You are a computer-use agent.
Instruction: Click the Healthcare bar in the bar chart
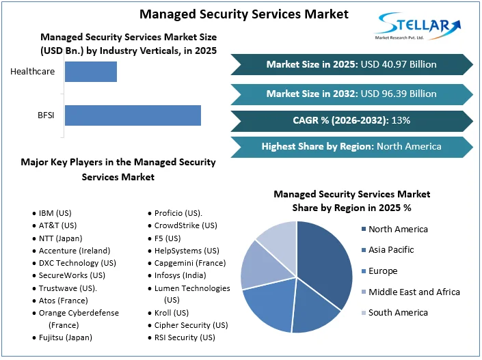(90, 72)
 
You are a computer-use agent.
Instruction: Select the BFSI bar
(133, 115)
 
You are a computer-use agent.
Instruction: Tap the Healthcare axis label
(33, 72)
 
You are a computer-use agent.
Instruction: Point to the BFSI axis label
(46, 115)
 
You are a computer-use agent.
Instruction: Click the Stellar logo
(418, 27)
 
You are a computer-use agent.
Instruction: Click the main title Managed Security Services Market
(244, 14)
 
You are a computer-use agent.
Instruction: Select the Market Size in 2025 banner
(351, 64)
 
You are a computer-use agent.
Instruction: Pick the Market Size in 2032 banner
(351, 94)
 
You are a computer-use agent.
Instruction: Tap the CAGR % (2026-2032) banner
(351, 120)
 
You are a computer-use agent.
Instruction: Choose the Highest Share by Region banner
(351, 146)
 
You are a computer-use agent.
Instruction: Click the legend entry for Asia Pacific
(391, 250)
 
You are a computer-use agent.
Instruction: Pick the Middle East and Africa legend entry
(414, 292)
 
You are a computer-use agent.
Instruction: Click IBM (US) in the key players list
(55, 213)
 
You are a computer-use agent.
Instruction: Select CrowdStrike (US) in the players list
(185, 225)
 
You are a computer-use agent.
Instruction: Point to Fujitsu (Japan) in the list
(66, 337)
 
